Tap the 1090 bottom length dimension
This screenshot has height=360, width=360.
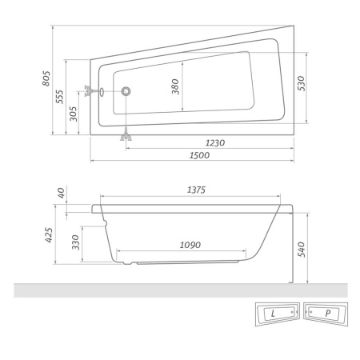pos(190,244)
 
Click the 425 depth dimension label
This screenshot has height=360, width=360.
pos(48,234)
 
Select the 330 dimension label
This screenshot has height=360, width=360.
pos(75,242)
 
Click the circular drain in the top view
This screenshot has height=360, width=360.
pos(126,91)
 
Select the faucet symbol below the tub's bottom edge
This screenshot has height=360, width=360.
pos(126,136)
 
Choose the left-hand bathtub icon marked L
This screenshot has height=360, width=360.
pos(276,314)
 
